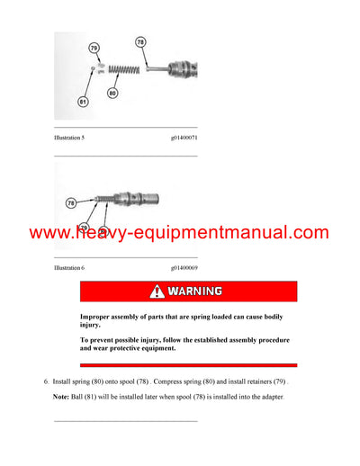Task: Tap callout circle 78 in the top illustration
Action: point(139,41)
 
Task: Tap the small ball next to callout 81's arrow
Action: point(94,67)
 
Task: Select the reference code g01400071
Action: point(184,136)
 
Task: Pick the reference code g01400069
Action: point(184,267)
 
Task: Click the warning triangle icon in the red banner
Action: point(157,291)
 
